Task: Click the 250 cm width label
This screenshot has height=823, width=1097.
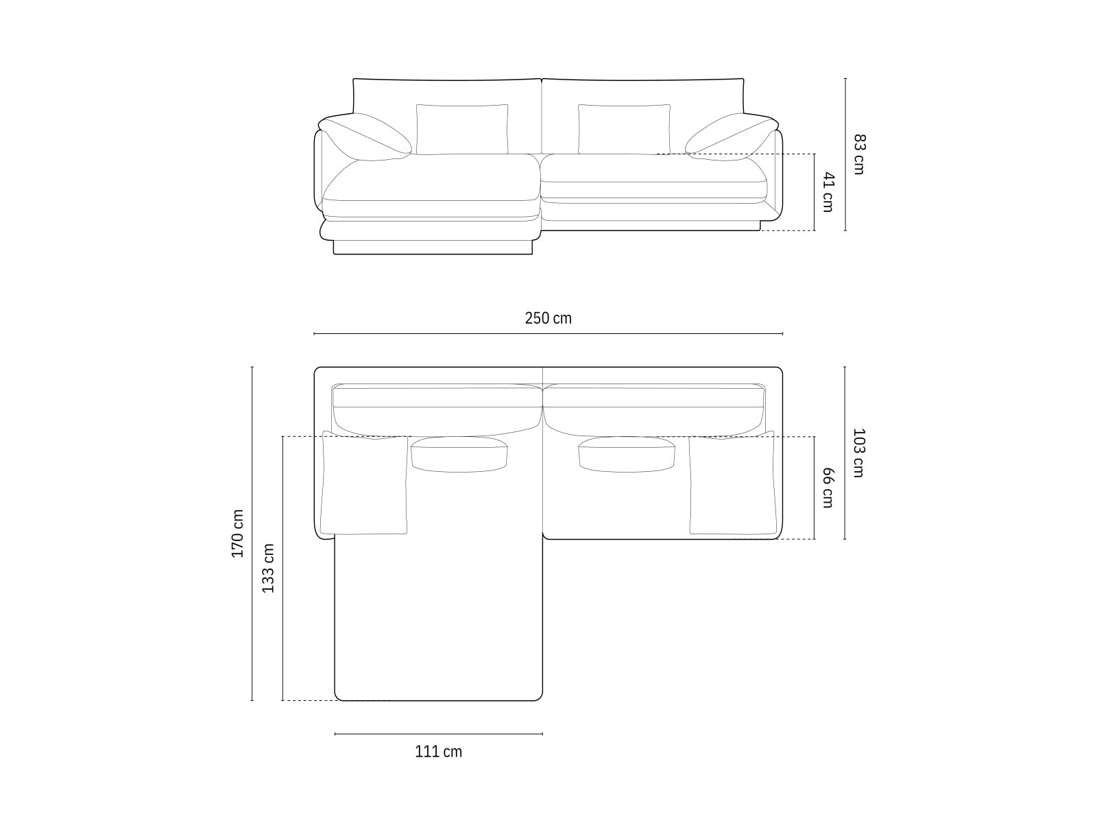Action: click(x=548, y=318)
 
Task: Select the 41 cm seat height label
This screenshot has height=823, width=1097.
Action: click(x=828, y=193)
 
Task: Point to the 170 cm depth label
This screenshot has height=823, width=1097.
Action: click(x=237, y=534)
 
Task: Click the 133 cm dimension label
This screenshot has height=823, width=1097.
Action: click(x=268, y=568)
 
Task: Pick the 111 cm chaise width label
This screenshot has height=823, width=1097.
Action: click(x=438, y=752)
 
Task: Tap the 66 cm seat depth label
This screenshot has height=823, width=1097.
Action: click(x=828, y=488)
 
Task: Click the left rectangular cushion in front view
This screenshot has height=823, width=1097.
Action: click(x=462, y=129)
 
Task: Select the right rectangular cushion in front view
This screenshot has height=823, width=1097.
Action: click(x=624, y=129)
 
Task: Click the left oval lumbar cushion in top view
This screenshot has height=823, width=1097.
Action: click(x=459, y=454)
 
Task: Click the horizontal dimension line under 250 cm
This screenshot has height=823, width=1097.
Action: click(x=548, y=334)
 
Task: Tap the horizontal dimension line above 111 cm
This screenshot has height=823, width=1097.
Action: click(x=438, y=734)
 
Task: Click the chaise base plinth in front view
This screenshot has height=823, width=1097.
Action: click(x=433, y=247)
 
